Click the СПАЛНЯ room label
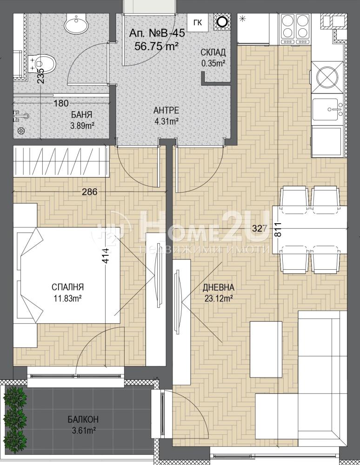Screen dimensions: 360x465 point(67,287)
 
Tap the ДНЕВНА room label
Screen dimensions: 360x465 point(218,287)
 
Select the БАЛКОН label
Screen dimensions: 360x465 point(83,419)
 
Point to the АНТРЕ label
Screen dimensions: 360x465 point(166,111)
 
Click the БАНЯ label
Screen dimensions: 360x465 point(81,115)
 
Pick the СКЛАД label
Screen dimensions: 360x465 point(213,53)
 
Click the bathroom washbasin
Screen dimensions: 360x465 point(76,21)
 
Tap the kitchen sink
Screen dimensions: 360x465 point(328,109)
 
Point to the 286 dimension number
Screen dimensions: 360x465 point(90,192)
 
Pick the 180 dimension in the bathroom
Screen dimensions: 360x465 point(61,104)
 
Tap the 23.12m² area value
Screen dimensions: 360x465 point(218,299)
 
